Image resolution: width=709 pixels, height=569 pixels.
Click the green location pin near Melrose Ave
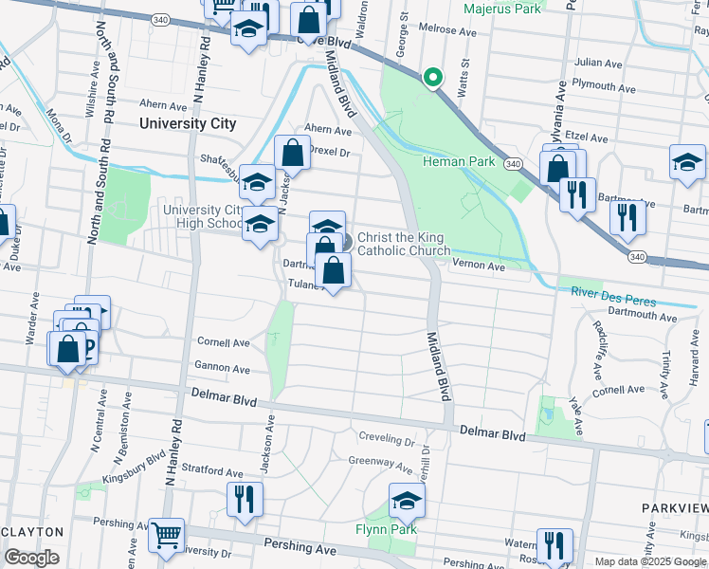click(x=433, y=77)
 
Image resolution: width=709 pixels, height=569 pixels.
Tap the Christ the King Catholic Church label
click(x=403, y=244)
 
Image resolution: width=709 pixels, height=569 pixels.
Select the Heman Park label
click(x=459, y=161)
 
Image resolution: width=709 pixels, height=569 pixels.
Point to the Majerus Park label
click(x=503, y=9)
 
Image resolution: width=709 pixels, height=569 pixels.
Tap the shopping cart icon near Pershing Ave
click(x=166, y=536)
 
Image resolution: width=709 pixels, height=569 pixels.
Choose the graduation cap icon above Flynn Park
click(x=405, y=501)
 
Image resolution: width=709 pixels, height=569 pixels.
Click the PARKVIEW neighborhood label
click(x=674, y=508)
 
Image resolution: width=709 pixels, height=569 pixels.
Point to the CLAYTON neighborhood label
click(x=32, y=532)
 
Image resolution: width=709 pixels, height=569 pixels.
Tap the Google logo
click(x=31, y=558)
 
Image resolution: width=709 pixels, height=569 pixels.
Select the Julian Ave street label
click(x=598, y=63)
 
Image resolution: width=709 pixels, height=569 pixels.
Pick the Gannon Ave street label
click(x=223, y=368)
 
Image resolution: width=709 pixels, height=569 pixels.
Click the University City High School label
click(x=203, y=217)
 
